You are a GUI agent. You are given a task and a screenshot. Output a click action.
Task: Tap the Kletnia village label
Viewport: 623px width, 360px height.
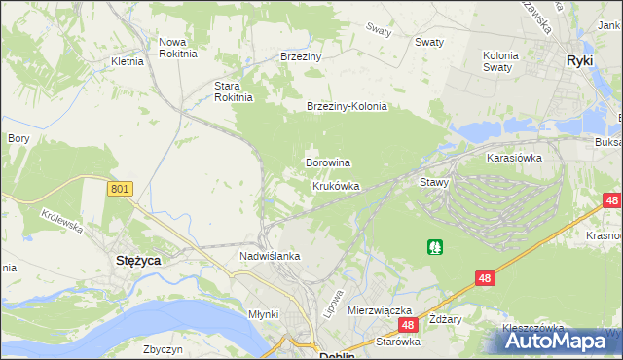tap(128, 61)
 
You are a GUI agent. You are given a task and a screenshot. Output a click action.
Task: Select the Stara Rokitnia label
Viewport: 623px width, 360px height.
tap(234, 90)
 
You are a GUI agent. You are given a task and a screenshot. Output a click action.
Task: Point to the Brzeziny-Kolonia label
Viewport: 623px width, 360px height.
tap(347, 107)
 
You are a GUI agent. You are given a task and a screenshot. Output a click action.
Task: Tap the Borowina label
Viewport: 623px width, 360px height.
tap(328, 162)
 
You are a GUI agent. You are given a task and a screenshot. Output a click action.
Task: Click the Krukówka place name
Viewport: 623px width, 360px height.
tap(336, 185)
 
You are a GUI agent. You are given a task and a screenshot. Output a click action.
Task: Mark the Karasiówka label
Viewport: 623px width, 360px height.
tap(514, 156)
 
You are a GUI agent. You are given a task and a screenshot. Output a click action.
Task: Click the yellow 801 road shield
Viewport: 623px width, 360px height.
tap(120, 189)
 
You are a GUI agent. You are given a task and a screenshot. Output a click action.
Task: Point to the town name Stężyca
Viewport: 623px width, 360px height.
tap(138, 261)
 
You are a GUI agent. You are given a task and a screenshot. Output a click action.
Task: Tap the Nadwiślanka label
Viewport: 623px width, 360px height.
tap(270, 256)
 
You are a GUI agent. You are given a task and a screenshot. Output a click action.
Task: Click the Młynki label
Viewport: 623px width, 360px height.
tap(263, 314)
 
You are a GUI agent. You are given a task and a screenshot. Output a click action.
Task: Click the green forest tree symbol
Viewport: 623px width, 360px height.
tap(434, 247)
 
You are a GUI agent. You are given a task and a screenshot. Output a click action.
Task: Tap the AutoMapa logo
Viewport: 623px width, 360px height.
tap(559, 342)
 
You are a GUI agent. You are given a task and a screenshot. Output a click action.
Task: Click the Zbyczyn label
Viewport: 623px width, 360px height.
tap(163, 349)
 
